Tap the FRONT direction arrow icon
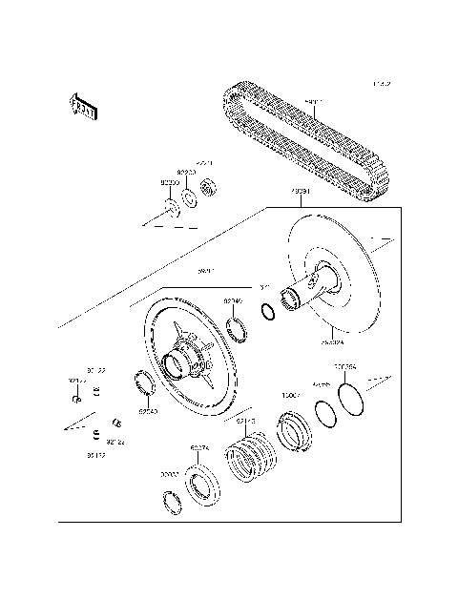tap(84, 106)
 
